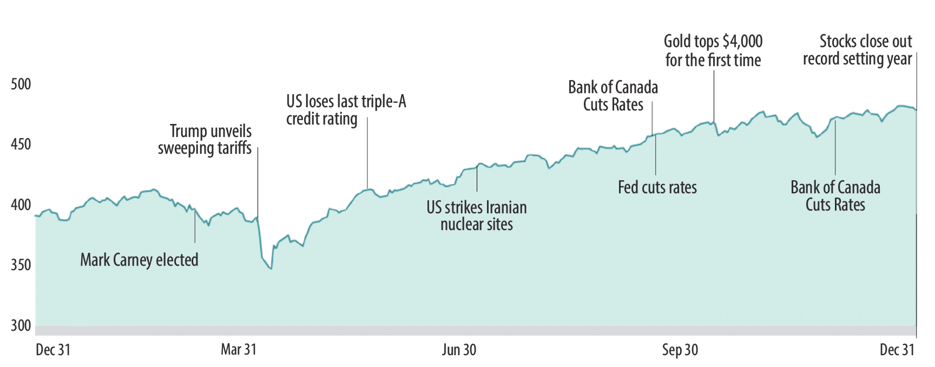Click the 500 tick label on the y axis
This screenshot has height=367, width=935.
click(x=21, y=84)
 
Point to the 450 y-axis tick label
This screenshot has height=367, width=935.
click(x=21, y=145)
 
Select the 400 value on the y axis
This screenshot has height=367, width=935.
click(x=21, y=205)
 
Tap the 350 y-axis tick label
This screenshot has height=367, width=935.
click(x=21, y=265)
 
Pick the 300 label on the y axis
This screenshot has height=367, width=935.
click(x=21, y=326)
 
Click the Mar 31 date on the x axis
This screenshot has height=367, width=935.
click(x=239, y=350)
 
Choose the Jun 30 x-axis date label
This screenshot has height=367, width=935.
click(x=459, y=350)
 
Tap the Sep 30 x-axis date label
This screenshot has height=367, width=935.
click(x=680, y=350)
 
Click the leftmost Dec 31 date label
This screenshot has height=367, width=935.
click(x=53, y=350)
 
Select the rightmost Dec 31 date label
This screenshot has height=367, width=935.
click(x=897, y=350)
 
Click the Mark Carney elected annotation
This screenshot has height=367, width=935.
click(x=139, y=260)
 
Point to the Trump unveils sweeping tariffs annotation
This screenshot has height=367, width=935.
click(x=205, y=140)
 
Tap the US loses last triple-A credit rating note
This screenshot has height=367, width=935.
click(x=346, y=110)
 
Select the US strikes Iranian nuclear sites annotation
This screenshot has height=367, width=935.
click(x=477, y=215)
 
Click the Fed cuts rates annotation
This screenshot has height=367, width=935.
click(x=657, y=188)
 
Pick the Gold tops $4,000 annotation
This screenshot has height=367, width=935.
click(x=713, y=50)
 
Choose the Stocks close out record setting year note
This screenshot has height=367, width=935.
click(x=858, y=50)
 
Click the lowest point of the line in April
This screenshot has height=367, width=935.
click(x=271, y=268)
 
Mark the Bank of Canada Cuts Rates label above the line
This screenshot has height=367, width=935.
click(x=613, y=96)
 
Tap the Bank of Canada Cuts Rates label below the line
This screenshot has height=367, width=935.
click(x=835, y=196)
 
